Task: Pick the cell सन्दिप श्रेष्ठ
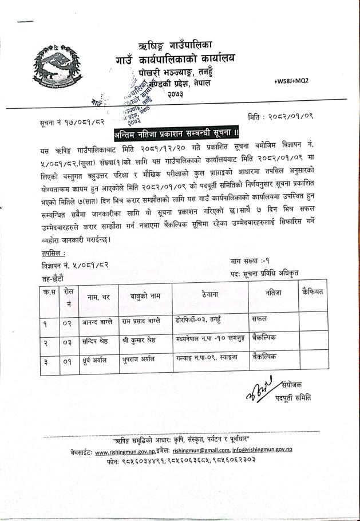96,340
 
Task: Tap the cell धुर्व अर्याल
94,359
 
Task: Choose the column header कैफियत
312,292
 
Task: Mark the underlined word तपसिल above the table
53,254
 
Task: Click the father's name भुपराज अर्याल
139,359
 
